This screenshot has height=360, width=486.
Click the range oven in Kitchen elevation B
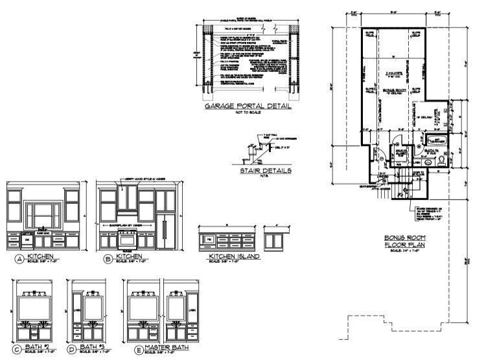127,240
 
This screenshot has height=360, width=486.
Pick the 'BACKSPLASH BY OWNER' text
126,222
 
